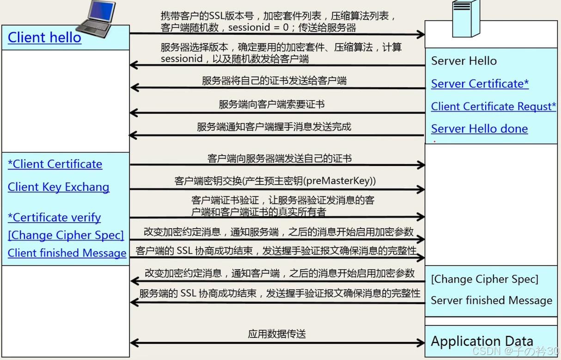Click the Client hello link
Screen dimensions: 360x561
[44, 37]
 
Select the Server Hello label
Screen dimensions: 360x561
[463, 61]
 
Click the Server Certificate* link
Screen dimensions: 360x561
[480, 84]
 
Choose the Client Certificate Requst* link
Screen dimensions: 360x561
[493, 106]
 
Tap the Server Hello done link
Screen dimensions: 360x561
[479, 128]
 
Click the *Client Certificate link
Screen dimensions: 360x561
[55, 164]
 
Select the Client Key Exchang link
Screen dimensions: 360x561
[59, 187]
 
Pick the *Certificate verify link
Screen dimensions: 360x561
[55, 217]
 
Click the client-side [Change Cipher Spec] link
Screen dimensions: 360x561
[66, 235]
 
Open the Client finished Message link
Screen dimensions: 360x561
[67, 253]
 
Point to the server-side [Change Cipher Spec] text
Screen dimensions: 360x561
[484, 279]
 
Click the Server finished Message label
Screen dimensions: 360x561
[491, 300]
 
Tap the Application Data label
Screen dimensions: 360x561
[482, 342]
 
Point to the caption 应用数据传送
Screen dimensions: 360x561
[277, 334]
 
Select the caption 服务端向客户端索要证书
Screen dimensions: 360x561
[272, 104]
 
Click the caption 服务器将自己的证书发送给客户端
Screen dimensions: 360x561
[274, 80]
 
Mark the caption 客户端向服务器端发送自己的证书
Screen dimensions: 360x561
[280, 159]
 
